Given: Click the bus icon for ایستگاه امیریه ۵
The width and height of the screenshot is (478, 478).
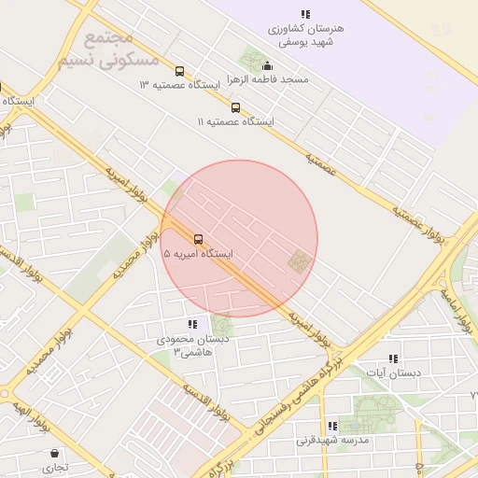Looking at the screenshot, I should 197,238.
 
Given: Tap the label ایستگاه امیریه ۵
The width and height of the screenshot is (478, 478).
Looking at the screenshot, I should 199,253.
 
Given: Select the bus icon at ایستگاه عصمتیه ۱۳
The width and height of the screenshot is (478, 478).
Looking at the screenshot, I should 179,70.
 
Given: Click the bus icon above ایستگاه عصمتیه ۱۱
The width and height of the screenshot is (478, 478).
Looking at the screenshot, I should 235,107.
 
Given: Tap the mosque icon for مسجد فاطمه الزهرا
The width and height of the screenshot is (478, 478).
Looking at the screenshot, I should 268,65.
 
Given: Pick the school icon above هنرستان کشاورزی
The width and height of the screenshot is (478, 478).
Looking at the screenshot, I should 305,14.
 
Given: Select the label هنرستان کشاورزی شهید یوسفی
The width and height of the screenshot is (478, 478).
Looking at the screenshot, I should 305,36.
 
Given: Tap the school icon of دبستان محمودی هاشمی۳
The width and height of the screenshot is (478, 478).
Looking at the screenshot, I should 192,324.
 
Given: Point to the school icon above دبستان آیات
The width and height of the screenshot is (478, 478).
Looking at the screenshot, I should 393,358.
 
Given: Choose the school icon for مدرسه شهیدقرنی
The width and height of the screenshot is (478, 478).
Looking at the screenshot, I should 332,426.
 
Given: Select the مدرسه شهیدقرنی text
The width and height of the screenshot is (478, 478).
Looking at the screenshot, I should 333,440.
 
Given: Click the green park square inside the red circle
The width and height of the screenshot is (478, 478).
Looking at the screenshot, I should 299,261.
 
